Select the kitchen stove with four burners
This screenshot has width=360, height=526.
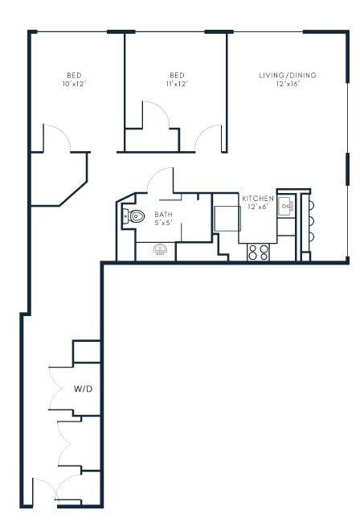point(259,252)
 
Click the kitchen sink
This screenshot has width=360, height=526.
point(288,208)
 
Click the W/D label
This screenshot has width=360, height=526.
point(84,388)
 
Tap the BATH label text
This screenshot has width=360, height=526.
point(164,214)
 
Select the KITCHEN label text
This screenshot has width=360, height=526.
point(258,199)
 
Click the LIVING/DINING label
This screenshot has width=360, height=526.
point(288,76)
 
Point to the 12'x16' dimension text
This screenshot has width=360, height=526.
point(288,84)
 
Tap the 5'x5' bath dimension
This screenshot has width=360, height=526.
point(164,222)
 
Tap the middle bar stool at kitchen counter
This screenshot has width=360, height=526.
point(311,219)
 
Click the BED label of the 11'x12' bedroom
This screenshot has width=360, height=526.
point(178,75)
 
